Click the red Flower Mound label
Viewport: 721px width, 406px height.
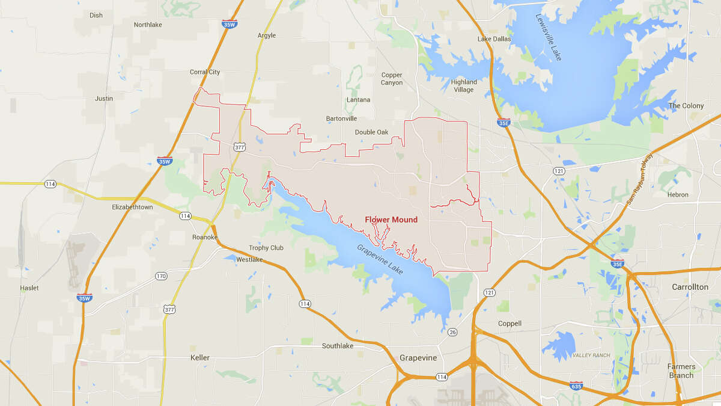[x=391, y=220]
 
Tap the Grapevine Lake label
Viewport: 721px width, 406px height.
[x=380, y=259]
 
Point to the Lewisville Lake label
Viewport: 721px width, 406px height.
[x=549, y=37]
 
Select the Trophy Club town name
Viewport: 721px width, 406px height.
[x=266, y=248]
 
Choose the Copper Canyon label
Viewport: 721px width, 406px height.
[x=392, y=79]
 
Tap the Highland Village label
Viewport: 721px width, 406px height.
[x=464, y=86]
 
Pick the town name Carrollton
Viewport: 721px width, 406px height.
[x=690, y=287]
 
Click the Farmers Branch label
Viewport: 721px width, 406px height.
[x=681, y=371]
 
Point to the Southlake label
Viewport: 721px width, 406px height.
[x=338, y=346]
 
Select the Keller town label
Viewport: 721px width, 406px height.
[x=200, y=357]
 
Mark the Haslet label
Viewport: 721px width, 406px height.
[x=29, y=288]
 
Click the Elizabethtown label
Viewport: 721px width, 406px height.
[x=132, y=207]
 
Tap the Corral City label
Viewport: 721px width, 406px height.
[x=205, y=72]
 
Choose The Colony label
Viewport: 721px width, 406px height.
[x=686, y=106]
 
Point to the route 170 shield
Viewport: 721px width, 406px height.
[x=160, y=276]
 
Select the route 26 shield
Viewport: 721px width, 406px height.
[x=452, y=332]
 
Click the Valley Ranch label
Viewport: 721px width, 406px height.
[x=591, y=355]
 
